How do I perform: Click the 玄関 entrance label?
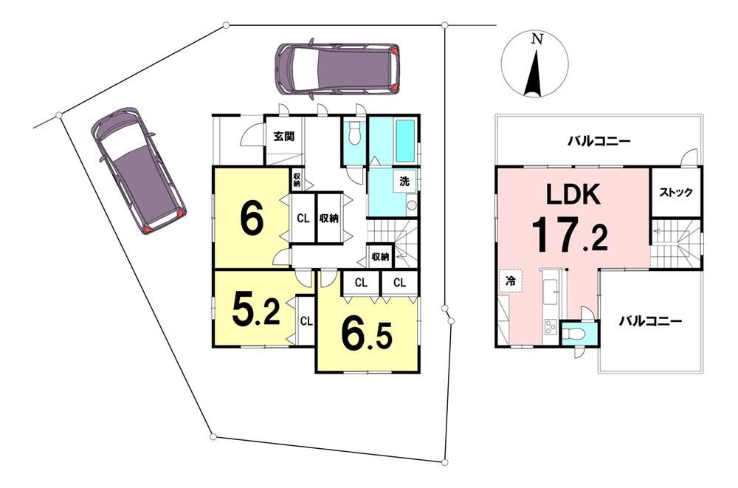284,137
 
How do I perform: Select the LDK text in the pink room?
573,193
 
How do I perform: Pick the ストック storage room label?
675,193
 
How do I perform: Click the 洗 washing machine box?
404,182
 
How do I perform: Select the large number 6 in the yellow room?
252,220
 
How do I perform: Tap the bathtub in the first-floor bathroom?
404,140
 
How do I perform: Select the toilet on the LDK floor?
574,334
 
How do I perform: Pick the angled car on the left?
139,171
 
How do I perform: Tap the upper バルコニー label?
599,141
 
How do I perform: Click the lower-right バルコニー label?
650,322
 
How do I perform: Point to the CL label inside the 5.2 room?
306,321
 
